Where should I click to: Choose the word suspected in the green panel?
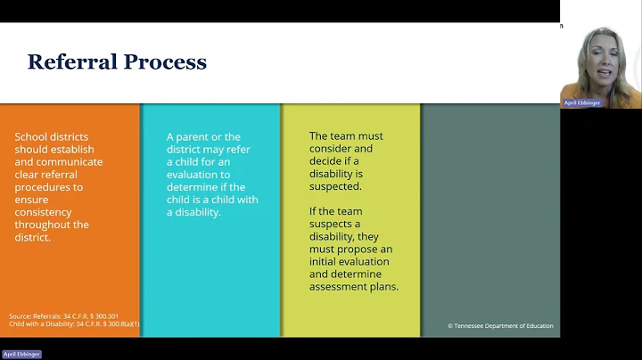click(x=335, y=186)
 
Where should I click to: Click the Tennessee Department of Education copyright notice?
click(x=500, y=326)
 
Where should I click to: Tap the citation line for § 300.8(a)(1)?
click(x=74, y=323)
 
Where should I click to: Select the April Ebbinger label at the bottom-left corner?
click(x=21, y=354)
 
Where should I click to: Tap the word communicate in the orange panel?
click(x=71, y=161)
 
